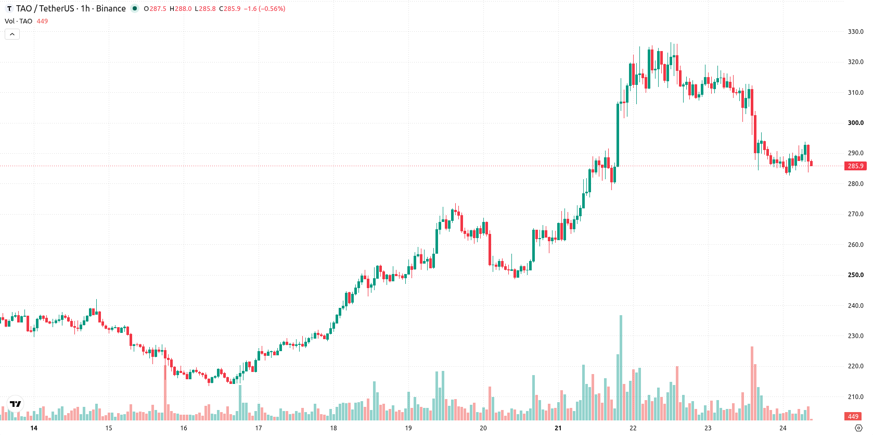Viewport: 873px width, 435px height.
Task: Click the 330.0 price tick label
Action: click(x=855, y=32)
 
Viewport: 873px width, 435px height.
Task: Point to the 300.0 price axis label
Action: click(x=855, y=123)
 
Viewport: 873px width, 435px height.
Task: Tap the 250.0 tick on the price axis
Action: click(x=855, y=275)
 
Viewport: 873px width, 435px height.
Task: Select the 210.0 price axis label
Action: click(x=855, y=397)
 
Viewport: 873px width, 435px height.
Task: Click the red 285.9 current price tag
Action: click(x=855, y=166)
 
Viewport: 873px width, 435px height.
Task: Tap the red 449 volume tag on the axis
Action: click(x=853, y=416)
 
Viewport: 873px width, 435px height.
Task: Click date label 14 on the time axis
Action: click(x=34, y=428)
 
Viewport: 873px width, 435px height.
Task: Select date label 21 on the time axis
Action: click(x=558, y=428)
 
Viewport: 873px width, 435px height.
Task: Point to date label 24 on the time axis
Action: click(x=782, y=428)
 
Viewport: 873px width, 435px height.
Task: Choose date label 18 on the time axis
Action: click(x=333, y=428)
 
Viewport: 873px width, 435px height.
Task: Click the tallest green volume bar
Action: click(x=621, y=367)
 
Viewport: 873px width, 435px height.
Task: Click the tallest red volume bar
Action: click(x=752, y=383)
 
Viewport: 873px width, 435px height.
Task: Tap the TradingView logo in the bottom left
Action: click(x=16, y=404)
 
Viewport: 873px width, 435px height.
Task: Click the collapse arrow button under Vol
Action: click(x=12, y=34)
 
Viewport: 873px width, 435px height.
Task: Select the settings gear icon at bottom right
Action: click(x=858, y=428)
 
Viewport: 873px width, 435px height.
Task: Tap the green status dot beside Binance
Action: click(x=135, y=8)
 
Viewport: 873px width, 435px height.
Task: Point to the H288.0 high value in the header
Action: click(x=181, y=8)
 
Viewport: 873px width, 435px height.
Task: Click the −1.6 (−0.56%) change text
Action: click(x=265, y=8)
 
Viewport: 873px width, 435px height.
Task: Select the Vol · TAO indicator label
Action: click(x=18, y=21)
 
